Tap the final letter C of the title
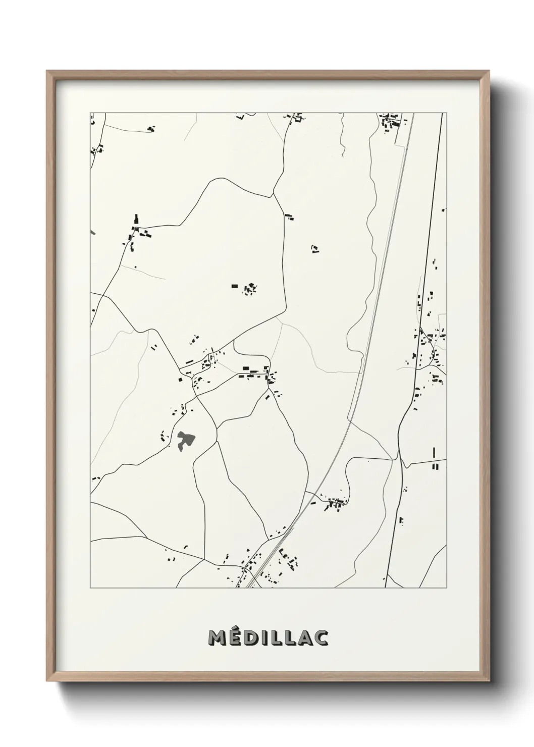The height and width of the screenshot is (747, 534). point(322,637)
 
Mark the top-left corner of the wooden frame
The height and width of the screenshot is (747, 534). point(47,71)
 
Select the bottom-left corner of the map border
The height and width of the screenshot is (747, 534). point(90,588)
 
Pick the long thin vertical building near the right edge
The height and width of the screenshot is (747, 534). point(434,453)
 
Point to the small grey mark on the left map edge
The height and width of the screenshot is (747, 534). point(92,232)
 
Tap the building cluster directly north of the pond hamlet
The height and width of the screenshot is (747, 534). point(249,289)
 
